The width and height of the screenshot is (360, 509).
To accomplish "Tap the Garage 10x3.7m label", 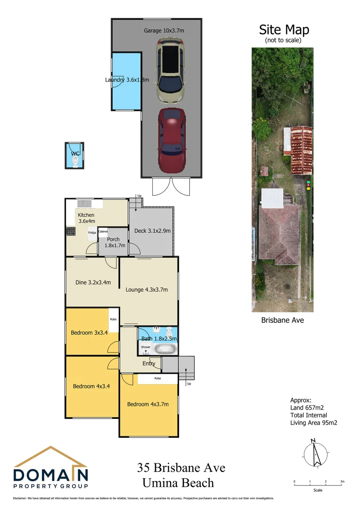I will coord(164,30).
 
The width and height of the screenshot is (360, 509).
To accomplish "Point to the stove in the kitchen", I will coord(71,231).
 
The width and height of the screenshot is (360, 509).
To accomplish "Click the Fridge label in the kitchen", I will coord(92,233).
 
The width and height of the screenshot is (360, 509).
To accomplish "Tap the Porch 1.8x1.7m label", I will coord(113,242).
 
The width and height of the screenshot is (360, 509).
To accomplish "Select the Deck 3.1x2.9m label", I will coord(152,231).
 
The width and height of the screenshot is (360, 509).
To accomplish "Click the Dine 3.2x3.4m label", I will coord(93,283).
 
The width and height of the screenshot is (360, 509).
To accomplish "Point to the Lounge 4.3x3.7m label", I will coord(147,290).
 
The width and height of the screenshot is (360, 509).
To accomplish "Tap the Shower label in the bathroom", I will coord(146,347).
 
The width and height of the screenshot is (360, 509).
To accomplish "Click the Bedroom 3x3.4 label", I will coord(89,333).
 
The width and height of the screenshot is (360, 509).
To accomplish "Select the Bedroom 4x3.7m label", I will coord(147,404).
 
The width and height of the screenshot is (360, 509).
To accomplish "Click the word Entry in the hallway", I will coord(149,363).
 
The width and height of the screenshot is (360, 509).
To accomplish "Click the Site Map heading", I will coord(284,30).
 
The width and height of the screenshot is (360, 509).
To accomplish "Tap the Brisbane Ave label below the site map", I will coord(283,320).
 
